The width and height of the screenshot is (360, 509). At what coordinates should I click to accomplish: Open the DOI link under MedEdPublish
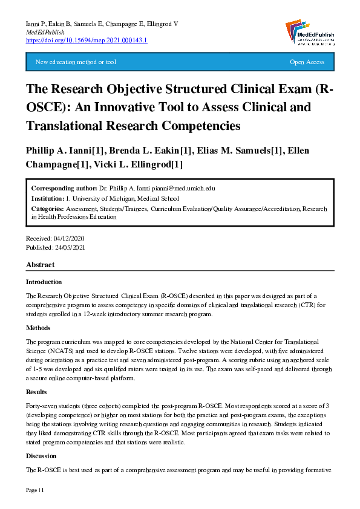[87, 40]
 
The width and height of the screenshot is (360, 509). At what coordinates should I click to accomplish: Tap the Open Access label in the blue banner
[307, 62]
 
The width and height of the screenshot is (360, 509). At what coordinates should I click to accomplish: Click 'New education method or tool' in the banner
[76, 62]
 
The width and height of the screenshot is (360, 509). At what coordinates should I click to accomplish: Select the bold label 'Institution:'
[47, 198]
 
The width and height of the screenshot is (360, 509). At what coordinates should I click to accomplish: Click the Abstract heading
[40, 265]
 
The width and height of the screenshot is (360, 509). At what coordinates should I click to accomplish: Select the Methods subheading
[38, 328]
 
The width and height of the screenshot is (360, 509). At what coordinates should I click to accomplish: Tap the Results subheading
[36, 392]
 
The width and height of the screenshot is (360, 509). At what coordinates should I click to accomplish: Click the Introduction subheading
[44, 282]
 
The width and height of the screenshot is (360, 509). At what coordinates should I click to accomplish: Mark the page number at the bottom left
[34, 490]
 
